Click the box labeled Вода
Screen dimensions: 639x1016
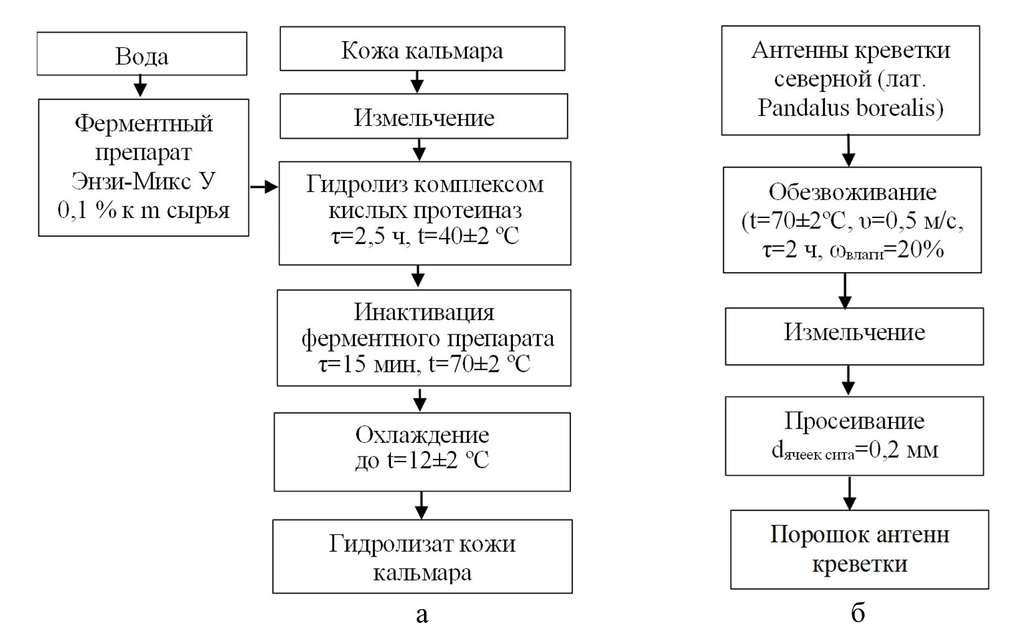click(x=142, y=54)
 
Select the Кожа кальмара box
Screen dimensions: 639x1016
click(x=422, y=49)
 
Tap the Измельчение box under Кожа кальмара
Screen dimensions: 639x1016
click(x=423, y=116)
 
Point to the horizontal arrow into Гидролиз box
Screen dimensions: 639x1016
click(x=263, y=186)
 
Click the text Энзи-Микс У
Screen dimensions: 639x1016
click(x=144, y=181)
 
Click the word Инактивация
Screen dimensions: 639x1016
click(x=424, y=311)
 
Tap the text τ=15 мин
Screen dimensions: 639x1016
click(x=367, y=364)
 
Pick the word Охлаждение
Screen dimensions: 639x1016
click(x=422, y=434)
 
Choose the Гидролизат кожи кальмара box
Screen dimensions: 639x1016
click(x=422, y=557)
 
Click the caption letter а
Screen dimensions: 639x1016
click(x=421, y=615)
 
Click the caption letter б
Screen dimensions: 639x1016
click(x=858, y=613)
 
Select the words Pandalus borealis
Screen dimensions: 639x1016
click(x=850, y=108)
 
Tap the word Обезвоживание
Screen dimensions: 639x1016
click(x=852, y=192)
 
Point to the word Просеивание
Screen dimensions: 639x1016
click(x=854, y=422)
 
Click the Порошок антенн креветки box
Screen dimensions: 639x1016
click(x=859, y=549)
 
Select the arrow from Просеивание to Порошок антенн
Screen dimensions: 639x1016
click(x=850, y=493)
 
